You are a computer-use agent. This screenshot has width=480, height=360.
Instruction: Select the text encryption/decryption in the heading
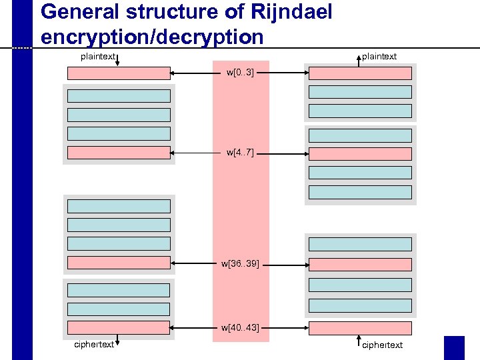[152, 37]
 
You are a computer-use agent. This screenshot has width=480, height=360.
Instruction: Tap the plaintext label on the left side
[98, 57]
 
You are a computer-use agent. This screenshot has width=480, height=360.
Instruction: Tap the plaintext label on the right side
[379, 57]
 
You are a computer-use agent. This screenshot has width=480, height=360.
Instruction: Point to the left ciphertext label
[94, 345]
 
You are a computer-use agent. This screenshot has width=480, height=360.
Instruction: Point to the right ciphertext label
[382, 345]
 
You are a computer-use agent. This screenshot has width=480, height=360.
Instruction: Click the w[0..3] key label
[240, 72]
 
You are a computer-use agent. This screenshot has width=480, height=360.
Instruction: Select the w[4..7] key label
[240, 153]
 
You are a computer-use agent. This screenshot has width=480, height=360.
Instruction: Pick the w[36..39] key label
[240, 264]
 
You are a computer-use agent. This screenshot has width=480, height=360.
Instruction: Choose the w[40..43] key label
[240, 327]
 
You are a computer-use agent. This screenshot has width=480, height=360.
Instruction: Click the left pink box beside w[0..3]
[119, 73]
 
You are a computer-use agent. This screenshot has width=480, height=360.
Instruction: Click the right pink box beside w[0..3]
[360, 73]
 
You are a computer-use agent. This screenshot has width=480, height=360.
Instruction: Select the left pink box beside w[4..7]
[119, 153]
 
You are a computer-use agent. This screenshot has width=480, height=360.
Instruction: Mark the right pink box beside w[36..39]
[360, 265]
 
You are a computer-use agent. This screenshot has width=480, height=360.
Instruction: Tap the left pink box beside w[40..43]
[119, 327]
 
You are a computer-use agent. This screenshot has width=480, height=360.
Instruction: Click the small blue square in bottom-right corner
[454, 347]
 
